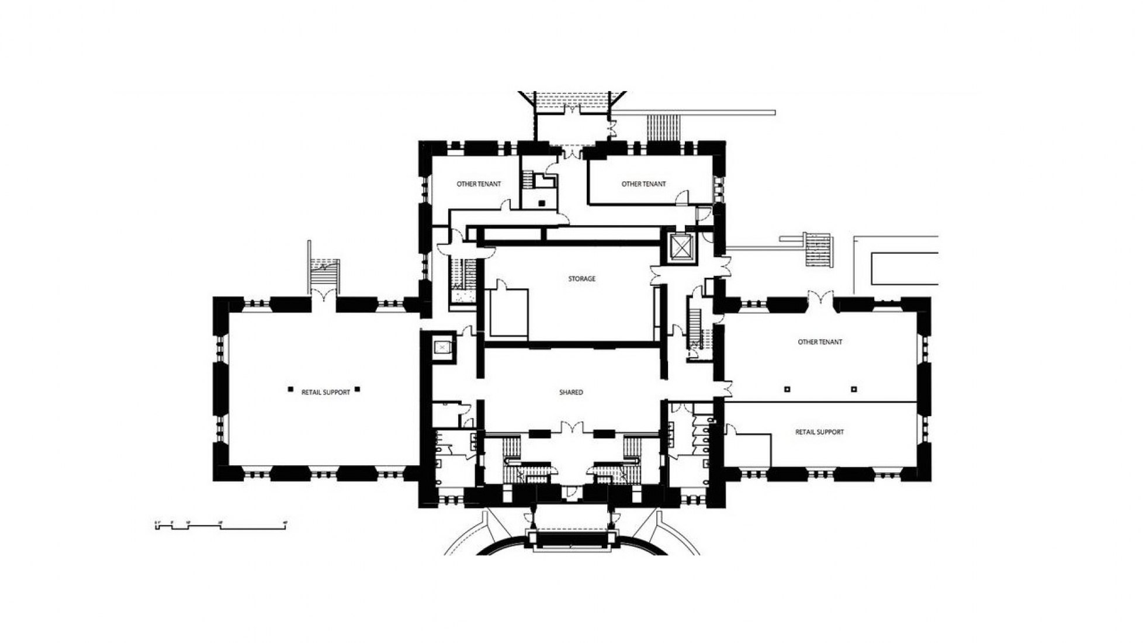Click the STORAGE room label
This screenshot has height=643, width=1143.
click(x=581, y=279)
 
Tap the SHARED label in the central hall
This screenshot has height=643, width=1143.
click(x=571, y=392)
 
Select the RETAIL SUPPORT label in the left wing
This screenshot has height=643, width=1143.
click(x=325, y=392)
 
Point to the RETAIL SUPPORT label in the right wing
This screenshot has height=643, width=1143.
click(x=819, y=432)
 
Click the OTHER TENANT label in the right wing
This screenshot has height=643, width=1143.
click(x=820, y=342)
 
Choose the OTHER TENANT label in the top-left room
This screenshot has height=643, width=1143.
click(x=479, y=184)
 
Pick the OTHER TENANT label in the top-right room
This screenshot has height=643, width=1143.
click(x=643, y=184)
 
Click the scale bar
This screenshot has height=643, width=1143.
click(x=221, y=526)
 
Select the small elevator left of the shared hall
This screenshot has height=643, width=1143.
click(x=442, y=347)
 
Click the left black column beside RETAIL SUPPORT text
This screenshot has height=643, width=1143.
click(x=290, y=389)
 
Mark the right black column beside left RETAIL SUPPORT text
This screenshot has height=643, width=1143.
click(x=358, y=389)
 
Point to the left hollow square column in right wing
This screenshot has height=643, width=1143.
click(x=787, y=389)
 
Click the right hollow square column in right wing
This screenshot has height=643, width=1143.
click(x=853, y=389)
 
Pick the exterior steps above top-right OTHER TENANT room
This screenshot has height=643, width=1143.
click(x=664, y=127)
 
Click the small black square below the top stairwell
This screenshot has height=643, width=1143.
click(x=542, y=203)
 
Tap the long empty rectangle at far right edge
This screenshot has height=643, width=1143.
click(x=905, y=269)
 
